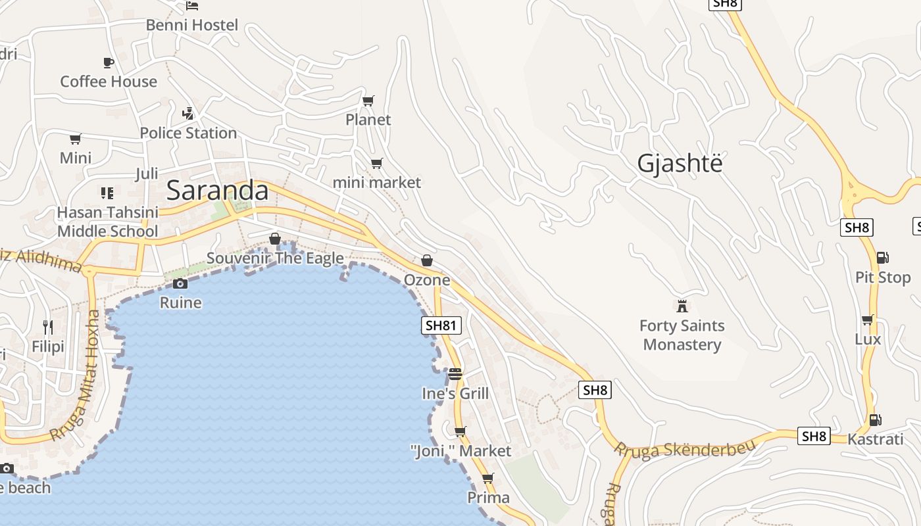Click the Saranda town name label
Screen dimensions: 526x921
tap(217, 191)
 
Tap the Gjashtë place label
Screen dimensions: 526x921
tap(680, 163)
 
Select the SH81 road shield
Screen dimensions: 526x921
tap(441, 325)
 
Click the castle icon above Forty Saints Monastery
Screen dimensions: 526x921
tap(682, 306)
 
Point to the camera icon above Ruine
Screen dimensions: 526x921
tap(180, 283)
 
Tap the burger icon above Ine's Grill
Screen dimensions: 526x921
tap(455, 374)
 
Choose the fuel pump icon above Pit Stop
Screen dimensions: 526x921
tap(882, 258)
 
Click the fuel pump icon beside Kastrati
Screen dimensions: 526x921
tap(875, 419)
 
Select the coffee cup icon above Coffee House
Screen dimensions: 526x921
tap(109, 62)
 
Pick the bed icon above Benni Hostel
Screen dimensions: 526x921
tap(191, 5)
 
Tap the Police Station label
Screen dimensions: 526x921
tap(188, 133)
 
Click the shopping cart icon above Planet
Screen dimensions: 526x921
tap(368, 101)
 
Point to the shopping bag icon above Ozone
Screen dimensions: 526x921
tap(427, 260)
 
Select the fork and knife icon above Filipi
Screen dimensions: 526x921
tap(48, 327)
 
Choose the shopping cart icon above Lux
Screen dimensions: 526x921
tap(868, 320)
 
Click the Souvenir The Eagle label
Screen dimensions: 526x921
tap(275, 258)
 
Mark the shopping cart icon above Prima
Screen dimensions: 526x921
tap(487, 478)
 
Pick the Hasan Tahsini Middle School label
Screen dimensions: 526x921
tap(108, 222)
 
